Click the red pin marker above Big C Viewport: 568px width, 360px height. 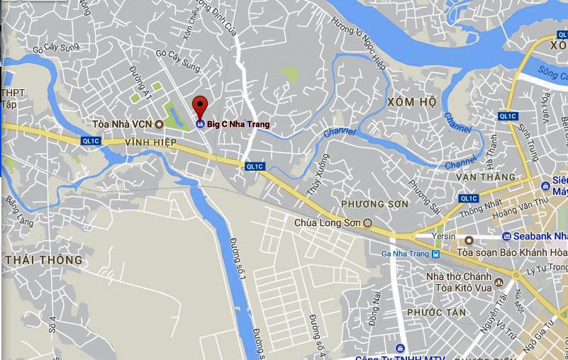(201, 106)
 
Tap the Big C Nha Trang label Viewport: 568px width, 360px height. (238, 125)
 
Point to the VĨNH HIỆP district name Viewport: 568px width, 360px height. (150, 142)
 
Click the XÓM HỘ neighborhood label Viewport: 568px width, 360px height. (411, 102)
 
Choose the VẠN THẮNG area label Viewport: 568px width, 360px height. (486, 176)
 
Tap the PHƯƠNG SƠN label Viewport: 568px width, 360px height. (374, 204)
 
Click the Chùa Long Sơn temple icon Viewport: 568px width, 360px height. (368, 223)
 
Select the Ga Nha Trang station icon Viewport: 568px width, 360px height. (435, 254)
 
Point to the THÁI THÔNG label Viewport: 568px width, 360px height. (43, 260)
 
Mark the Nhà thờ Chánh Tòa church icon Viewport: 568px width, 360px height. (499, 282)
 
